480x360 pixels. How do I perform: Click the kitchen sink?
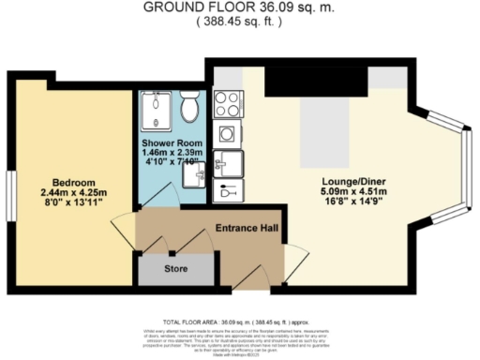pos(227,163)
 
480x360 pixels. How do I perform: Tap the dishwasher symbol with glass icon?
pos(228,191)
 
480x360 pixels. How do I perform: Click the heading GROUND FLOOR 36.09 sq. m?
pos(240,7)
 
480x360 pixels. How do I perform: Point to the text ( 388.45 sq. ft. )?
pos(240,20)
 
